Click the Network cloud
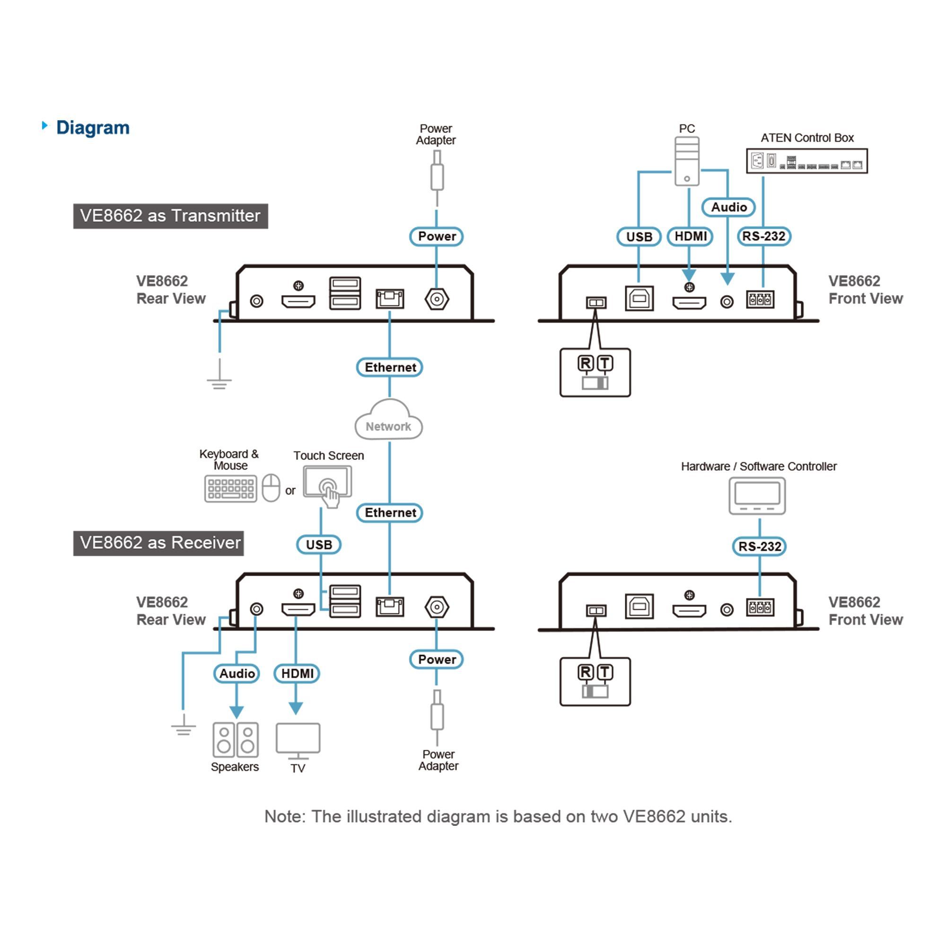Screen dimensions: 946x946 [388, 420]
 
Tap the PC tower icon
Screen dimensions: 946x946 [686, 161]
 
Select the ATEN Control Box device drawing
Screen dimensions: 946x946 [806, 161]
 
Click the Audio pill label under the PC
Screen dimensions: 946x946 [728, 207]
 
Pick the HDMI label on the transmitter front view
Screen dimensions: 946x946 [690, 236]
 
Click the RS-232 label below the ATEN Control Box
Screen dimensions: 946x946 [763, 236]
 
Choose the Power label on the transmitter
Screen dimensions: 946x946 [436, 236]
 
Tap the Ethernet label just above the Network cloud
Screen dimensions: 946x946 [389, 367]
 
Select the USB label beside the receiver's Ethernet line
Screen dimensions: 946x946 [319, 544]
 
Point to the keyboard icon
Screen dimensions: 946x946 [231, 489]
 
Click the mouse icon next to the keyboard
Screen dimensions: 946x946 [271, 488]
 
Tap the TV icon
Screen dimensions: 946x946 [298, 740]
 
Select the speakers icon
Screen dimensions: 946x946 [236, 739]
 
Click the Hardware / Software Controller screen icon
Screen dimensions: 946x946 [757, 496]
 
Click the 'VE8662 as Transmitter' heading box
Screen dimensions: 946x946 [170, 216]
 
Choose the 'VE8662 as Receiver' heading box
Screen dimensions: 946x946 [158, 543]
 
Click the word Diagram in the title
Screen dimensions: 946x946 [93, 128]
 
